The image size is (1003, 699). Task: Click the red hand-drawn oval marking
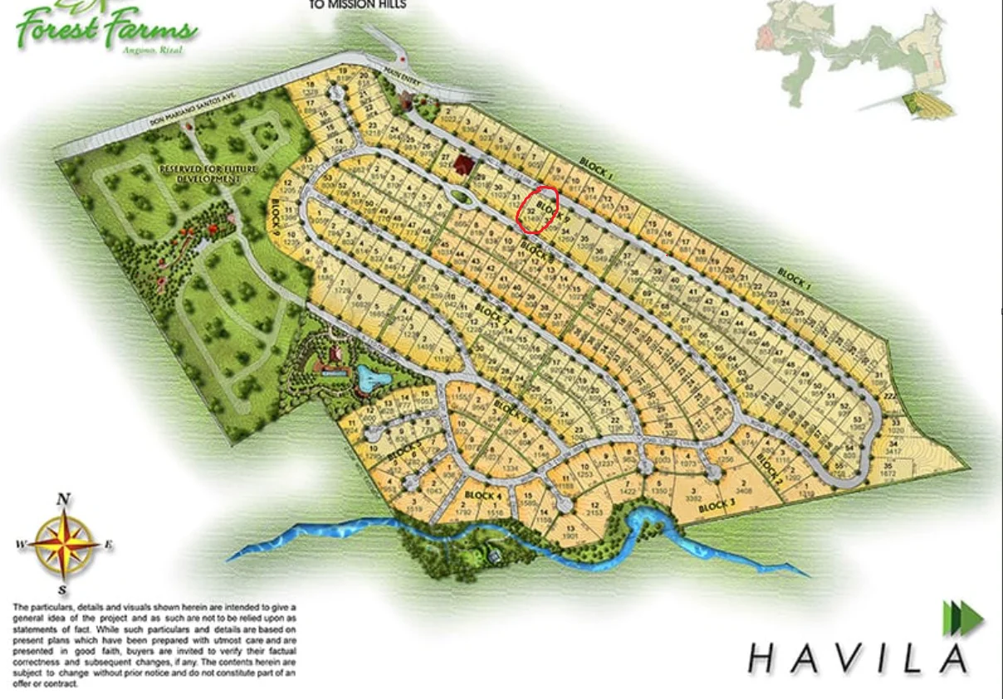537,209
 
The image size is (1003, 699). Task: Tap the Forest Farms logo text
106,30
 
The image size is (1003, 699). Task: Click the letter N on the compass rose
63,500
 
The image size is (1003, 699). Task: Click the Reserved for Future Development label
208,173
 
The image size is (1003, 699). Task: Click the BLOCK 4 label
482,496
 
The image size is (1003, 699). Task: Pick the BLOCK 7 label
489,315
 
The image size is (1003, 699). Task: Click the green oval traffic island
461,197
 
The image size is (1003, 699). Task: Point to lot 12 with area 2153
594,510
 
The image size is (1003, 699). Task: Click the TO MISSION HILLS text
357,4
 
